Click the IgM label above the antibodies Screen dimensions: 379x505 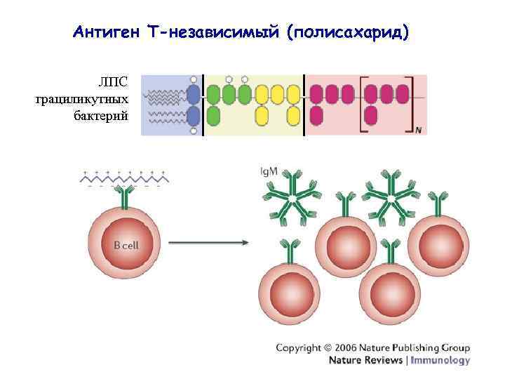(x=268, y=171)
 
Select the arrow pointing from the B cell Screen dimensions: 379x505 (x=208, y=244)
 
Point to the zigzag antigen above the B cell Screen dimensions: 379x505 (x=123, y=180)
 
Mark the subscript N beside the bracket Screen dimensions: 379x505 (x=419, y=130)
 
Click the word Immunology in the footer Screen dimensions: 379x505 (x=440, y=361)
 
